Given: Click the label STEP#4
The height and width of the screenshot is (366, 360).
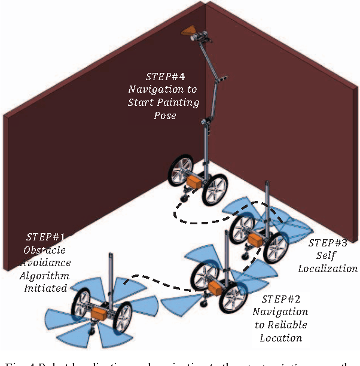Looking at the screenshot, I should (161, 77).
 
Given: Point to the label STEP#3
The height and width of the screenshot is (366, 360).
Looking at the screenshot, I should (328, 243).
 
